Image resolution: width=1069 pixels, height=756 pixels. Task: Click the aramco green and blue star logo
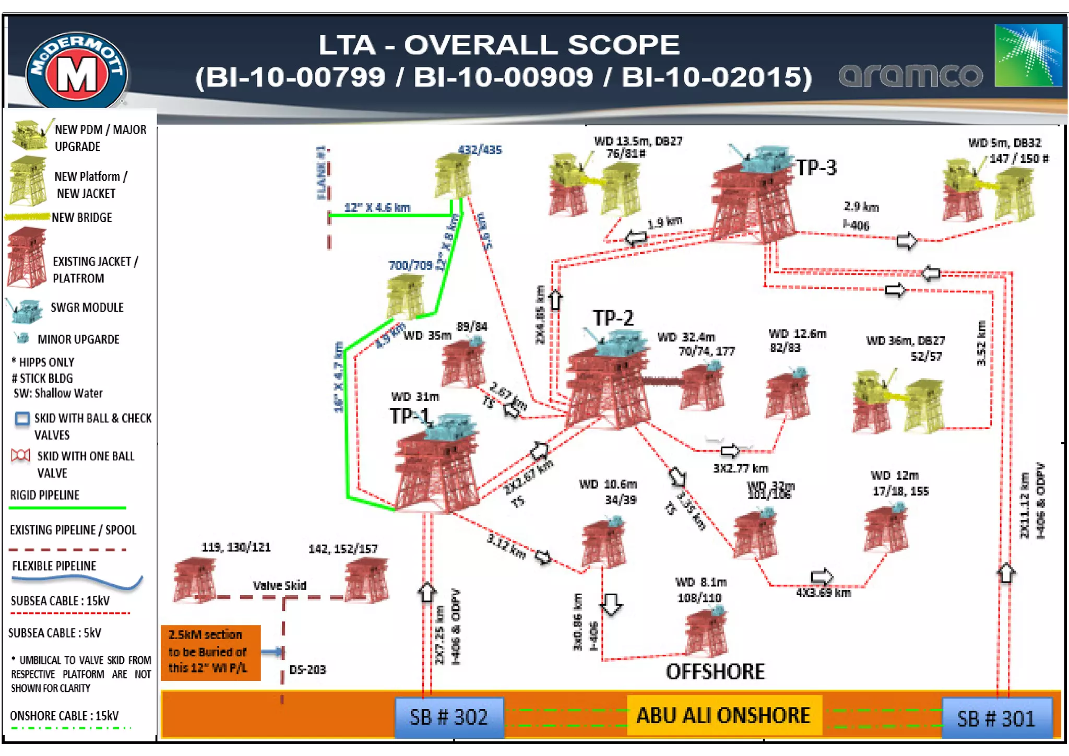1028,55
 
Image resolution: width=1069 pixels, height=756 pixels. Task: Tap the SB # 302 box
449,717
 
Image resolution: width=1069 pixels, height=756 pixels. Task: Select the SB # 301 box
996,718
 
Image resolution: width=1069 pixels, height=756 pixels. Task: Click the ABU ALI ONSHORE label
723,715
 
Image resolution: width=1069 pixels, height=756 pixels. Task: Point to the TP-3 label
816,168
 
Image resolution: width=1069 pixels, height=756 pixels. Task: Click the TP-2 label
613,317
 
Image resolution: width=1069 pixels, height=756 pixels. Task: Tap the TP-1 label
409,416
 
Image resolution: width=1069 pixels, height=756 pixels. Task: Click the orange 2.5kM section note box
210,652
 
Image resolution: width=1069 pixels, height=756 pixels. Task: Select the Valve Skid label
280,585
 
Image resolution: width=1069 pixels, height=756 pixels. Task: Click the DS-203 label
307,669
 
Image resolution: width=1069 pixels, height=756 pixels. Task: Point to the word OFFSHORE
715,672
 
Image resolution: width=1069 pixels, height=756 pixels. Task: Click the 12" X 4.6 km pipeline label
377,207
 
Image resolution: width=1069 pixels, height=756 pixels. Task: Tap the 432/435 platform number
480,150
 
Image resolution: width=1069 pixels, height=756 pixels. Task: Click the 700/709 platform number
410,265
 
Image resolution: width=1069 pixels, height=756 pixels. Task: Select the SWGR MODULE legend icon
25,311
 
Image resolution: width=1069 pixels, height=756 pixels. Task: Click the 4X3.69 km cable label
823,593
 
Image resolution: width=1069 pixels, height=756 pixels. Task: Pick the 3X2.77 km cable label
740,468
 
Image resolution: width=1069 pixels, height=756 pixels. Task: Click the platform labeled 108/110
706,632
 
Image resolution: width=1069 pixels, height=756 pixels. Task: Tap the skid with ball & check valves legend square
22,419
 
